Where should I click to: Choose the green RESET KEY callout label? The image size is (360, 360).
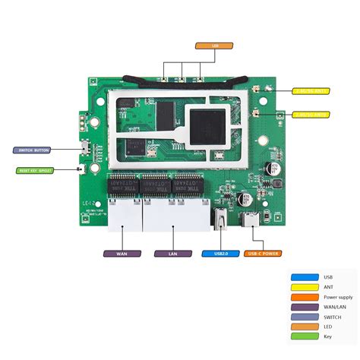(x=35, y=170)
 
